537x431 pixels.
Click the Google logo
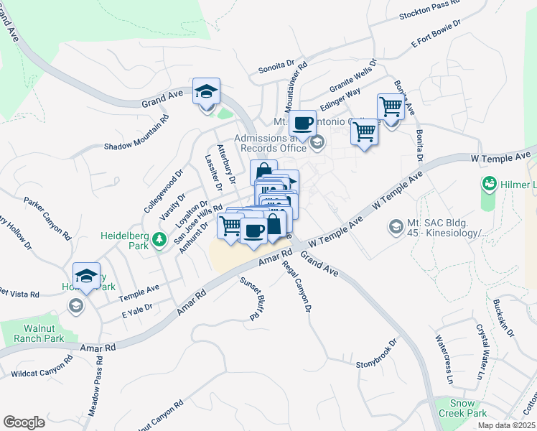[x=24, y=422]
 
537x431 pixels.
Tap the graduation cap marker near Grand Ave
[x=206, y=92]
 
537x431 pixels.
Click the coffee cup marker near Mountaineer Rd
[x=303, y=123]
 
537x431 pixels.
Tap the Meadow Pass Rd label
[x=95, y=389]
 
